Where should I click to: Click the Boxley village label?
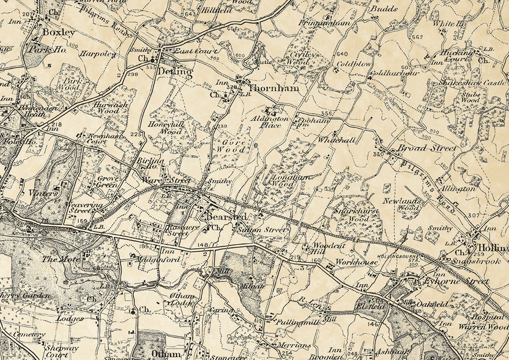coord(58,33)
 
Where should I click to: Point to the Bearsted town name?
coord(226,217)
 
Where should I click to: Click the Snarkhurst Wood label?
coord(358,215)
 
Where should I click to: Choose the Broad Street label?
coord(427,148)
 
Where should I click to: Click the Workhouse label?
coord(357,262)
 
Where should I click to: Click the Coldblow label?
coord(354,64)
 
